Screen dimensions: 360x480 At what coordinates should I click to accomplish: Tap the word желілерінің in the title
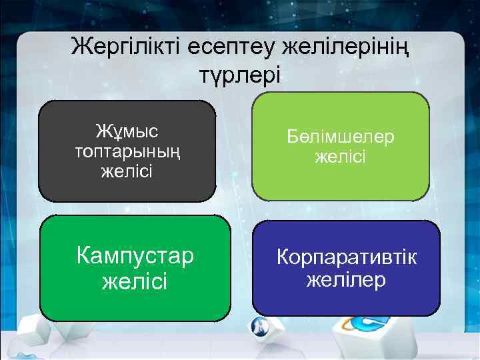point(346,47)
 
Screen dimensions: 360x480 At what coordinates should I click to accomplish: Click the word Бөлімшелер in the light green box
point(341,137)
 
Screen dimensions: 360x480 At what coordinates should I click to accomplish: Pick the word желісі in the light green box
point(341,157)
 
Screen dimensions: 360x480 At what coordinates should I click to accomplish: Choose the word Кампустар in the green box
point(135,255)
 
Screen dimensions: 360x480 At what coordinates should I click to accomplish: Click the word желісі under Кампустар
point(135,281)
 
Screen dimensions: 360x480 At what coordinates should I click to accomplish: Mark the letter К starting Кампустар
point(84,255)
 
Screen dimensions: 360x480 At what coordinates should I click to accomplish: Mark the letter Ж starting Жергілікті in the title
point(81,47)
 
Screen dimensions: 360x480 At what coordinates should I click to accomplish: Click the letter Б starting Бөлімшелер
point(294,137)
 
